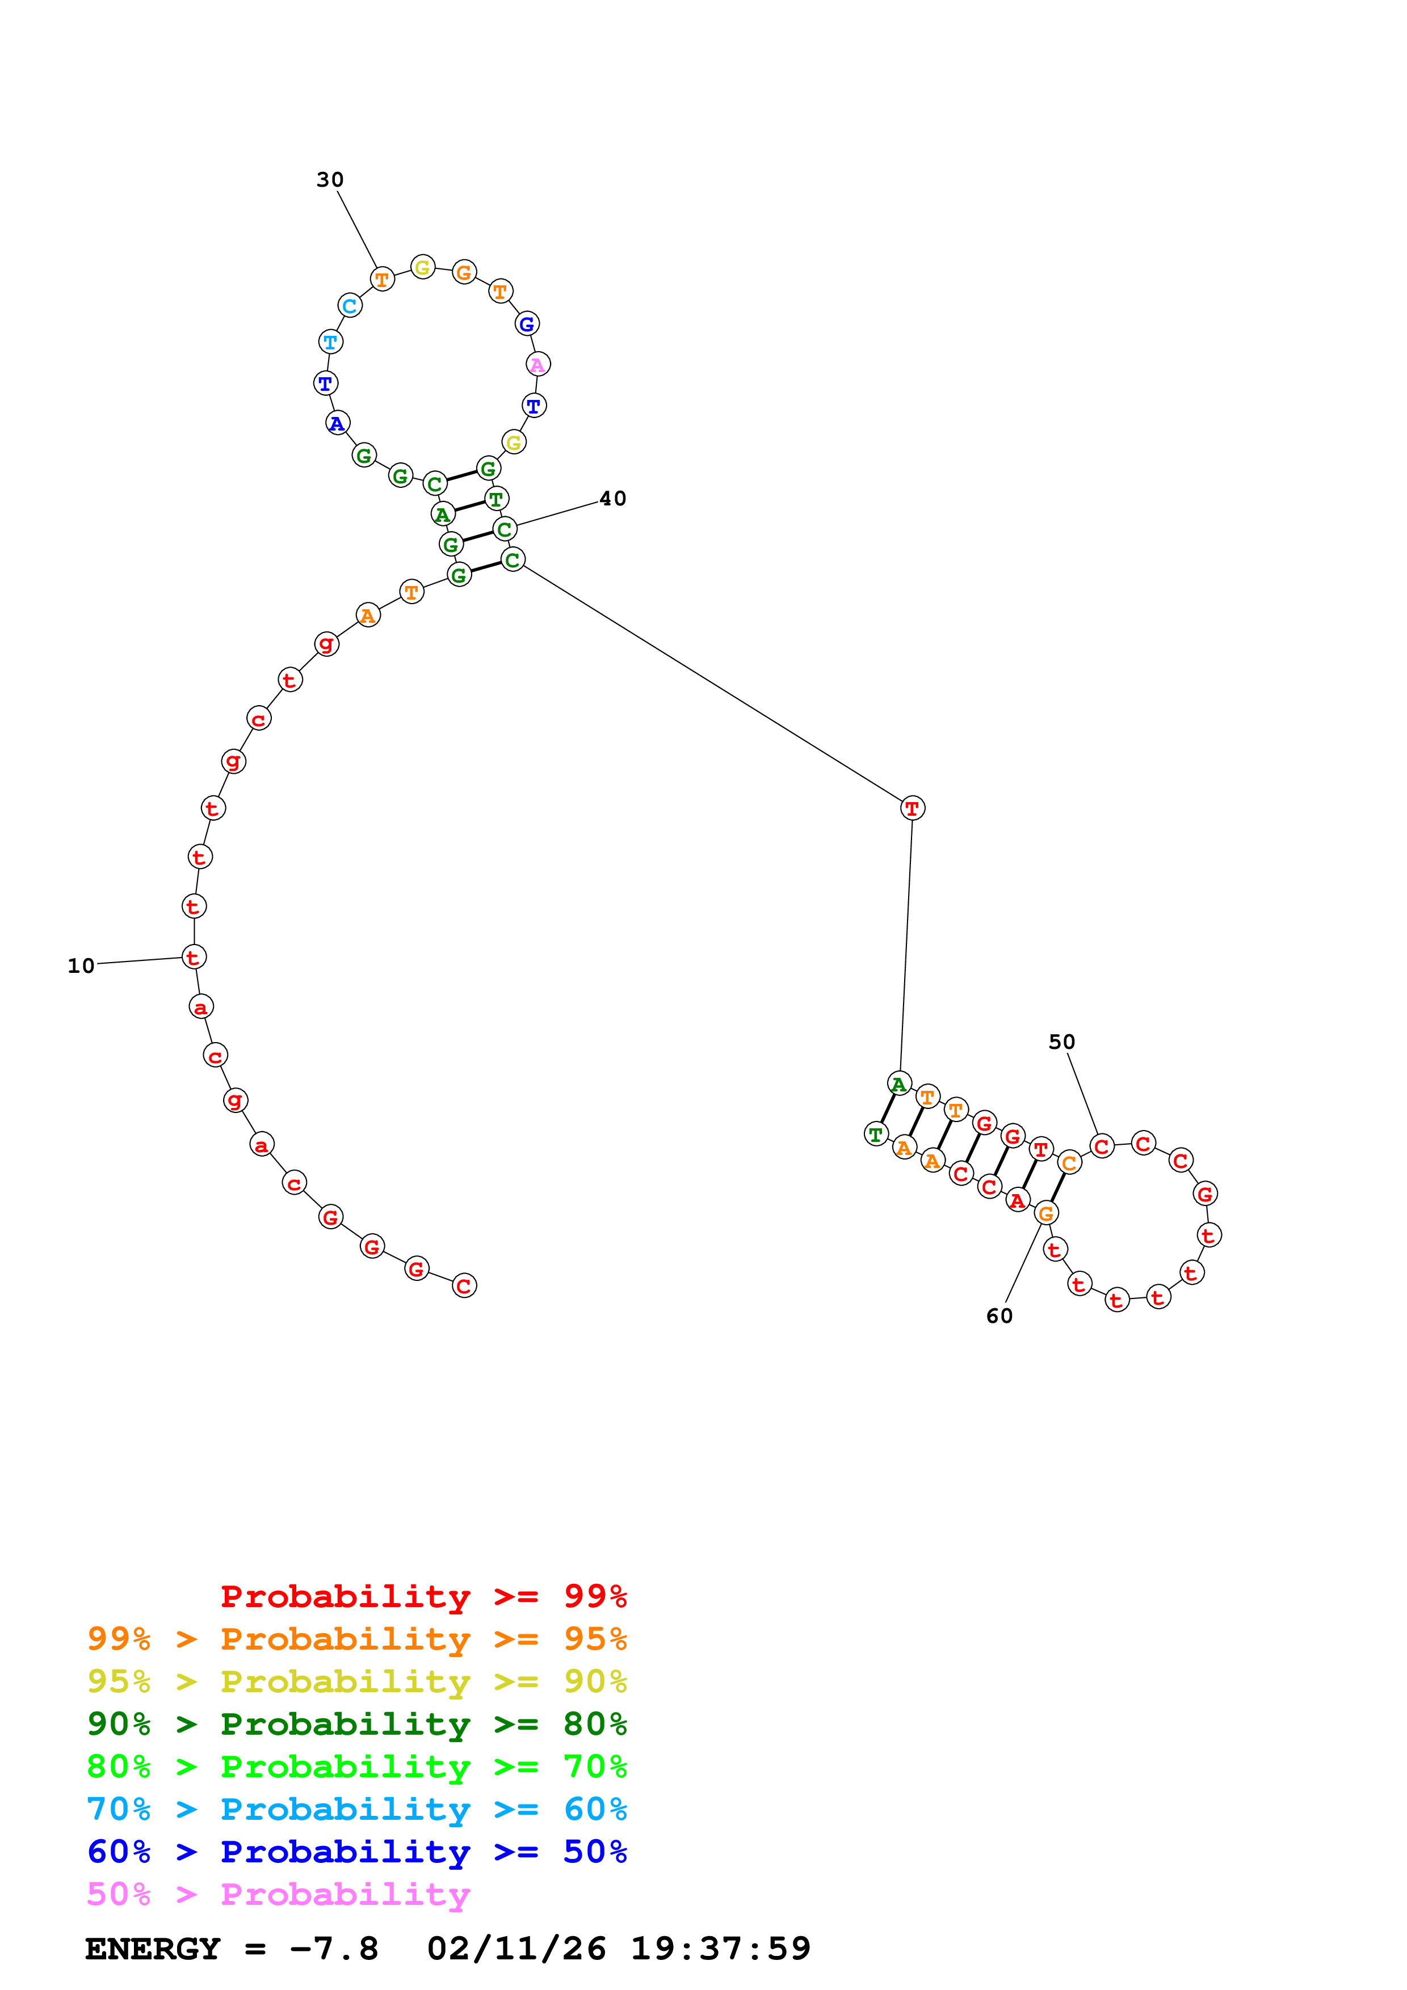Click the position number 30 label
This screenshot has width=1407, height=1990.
tap(329, 179)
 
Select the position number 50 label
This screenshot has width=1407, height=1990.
tap(1061, 1042)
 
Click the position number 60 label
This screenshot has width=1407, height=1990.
tap(999, 1316)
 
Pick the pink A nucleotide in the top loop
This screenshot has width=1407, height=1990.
tap(537, 365)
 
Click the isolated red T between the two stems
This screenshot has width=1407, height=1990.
tap(912, 808)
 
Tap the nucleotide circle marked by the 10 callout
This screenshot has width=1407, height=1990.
tap(194, 957)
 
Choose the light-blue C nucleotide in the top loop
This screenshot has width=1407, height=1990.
tap(350, 305)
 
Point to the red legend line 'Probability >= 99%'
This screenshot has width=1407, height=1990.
tap(423, 1596)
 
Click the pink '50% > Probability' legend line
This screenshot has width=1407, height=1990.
tap(278, 1894)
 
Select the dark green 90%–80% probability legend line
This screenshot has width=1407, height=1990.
tap(356, 1724)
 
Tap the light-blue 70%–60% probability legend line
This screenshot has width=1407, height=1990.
tap(356, 1809)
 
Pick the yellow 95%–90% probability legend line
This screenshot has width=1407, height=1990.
tap(356, 1681)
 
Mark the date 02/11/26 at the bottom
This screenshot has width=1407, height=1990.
tap(516, 1949)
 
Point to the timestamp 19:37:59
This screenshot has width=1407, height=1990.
tap(720, 1949)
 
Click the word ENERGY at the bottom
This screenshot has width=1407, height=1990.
tap(153, 1949)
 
